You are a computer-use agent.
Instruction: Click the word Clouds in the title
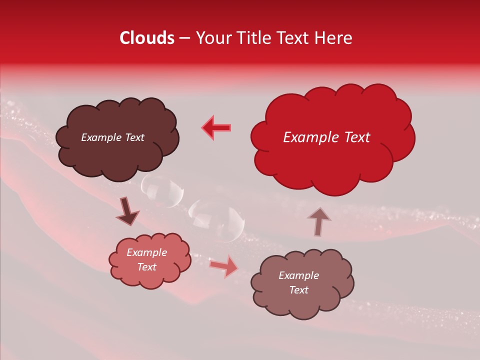[x=147, y=38]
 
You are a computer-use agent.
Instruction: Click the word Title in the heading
[x=254, y=38]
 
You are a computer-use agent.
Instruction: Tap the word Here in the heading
[x=333, y=38]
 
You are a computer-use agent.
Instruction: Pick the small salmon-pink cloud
[x=150, y=277]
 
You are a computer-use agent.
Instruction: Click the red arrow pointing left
[x=216, y=127]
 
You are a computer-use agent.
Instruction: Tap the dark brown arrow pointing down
[x=127, y=211]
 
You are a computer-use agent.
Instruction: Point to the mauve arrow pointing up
[x=318, y=221]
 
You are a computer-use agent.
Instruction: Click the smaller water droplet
[x=163, y=190]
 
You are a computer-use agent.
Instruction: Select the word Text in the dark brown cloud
[x=133, y=137]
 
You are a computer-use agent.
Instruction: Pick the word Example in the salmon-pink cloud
[x=146, y=252]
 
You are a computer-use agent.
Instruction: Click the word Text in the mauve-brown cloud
[x=298, y=290]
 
